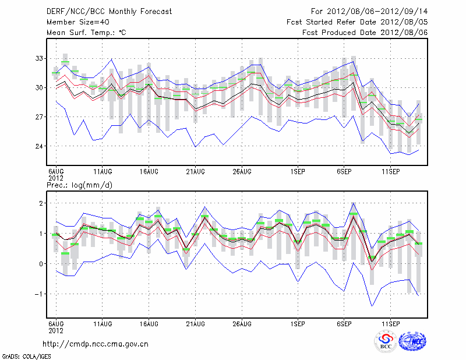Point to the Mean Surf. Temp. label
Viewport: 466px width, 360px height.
tap(86, 33)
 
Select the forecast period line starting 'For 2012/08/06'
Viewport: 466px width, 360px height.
tap(369, 11)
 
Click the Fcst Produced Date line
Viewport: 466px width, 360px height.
tap(365, 33)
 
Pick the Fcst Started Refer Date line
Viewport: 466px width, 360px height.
tap(357, 22)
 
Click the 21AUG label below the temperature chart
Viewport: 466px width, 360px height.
tap(196, 172)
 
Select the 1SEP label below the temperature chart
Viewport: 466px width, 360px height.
tap(298, 172)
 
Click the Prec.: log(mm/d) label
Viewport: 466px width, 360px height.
tap(79, 185)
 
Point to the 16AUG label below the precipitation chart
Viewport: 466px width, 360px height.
tap(149, 323)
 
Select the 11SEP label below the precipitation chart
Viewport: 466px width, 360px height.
tap(391, 323)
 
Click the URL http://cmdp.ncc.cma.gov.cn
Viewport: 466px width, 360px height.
tap(96, 344)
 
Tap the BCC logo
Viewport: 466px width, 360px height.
tap(386, 341)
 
